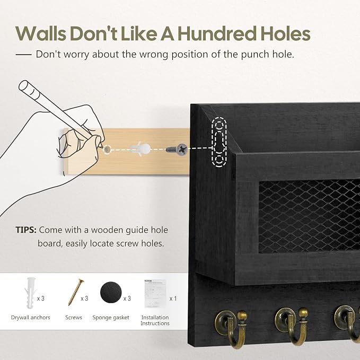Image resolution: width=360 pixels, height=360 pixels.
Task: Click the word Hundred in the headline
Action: (217, 33)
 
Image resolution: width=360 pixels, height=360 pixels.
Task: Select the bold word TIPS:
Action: (26, 230)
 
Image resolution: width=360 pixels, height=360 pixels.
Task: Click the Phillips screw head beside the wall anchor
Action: (182, 150)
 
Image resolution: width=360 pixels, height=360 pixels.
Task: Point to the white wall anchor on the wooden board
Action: (141, 149)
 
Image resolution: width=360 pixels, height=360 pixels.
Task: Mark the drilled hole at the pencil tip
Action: (107, 150)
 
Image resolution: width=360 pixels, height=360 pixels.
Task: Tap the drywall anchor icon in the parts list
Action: (30, 293)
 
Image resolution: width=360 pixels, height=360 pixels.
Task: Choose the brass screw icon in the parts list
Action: (76, 292)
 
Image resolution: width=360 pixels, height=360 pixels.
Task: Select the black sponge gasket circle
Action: (111, 293)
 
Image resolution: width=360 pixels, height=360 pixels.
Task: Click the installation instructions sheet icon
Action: (155, 293)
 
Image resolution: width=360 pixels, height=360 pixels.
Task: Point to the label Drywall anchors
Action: (31, 318)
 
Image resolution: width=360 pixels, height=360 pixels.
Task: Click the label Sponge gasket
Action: (111, 318)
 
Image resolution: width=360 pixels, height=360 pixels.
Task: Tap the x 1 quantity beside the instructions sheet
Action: (173, 298)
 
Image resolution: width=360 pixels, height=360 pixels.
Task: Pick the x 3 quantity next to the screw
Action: (84, 298)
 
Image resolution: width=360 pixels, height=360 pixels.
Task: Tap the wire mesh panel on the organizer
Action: (309, 216)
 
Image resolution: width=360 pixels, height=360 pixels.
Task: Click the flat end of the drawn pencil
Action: (24, 86)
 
